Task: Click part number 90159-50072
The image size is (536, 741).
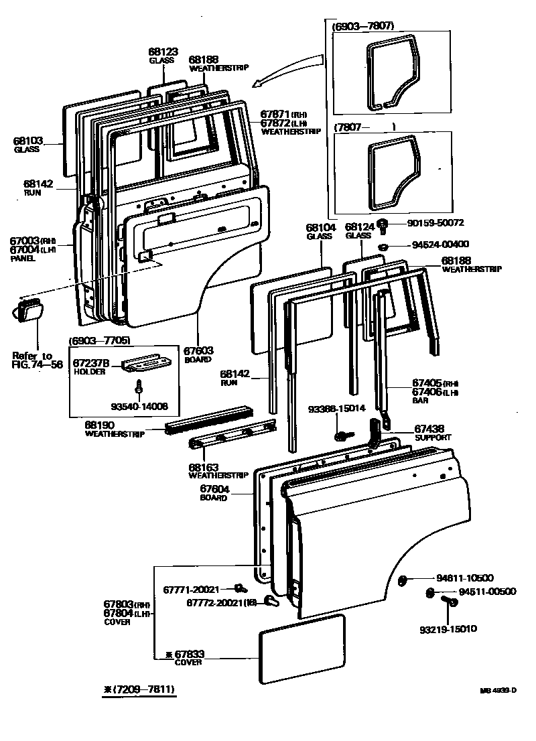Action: [x=435, y=222]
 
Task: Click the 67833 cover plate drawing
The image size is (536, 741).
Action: [x=302, y=649]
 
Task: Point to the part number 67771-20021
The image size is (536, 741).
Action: [x=191, y=590]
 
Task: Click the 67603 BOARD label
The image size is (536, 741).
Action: [x=198, y=354]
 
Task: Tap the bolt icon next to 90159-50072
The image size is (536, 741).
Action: [x=384, y=225]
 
